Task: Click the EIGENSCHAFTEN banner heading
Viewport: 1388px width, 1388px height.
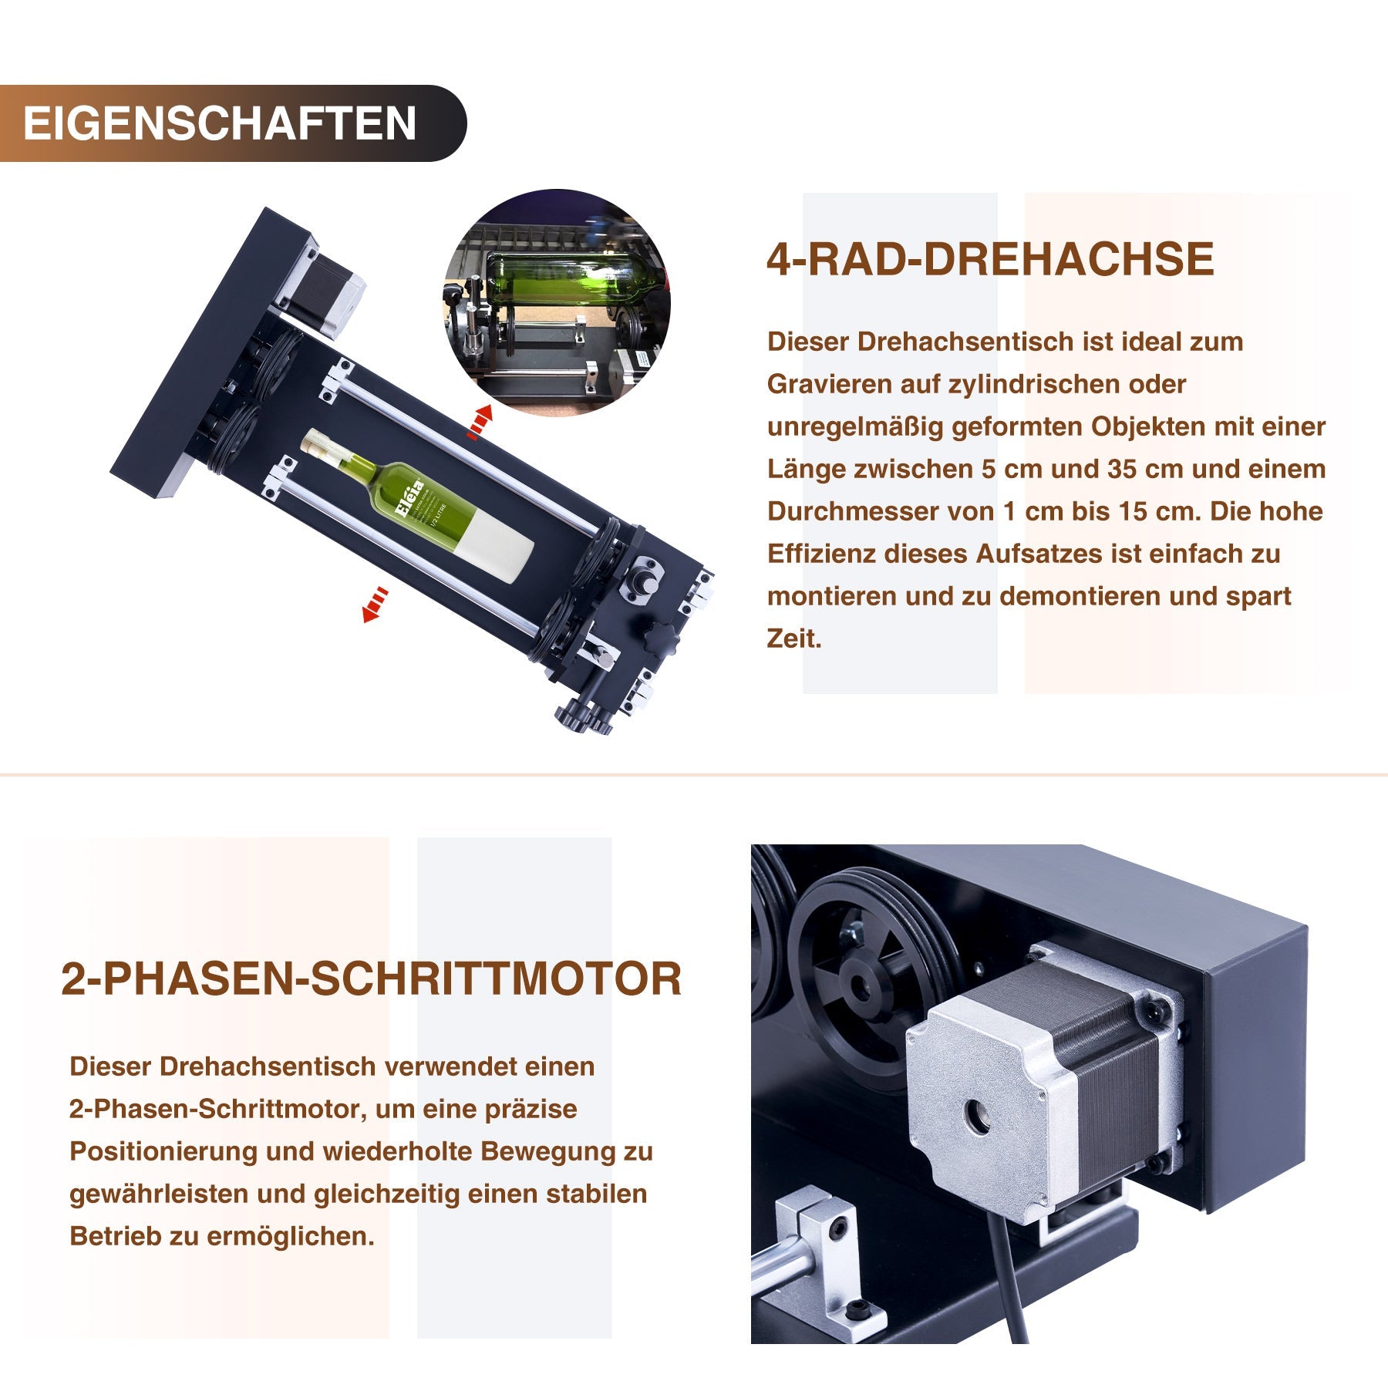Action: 221,123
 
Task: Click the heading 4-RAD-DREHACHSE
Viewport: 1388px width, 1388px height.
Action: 989,259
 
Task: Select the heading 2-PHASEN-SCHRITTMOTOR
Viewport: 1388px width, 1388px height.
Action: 371,979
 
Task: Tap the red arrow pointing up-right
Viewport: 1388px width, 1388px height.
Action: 480,423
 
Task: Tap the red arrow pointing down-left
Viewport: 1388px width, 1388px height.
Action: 375,604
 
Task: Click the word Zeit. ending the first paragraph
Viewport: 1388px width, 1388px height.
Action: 793,638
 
